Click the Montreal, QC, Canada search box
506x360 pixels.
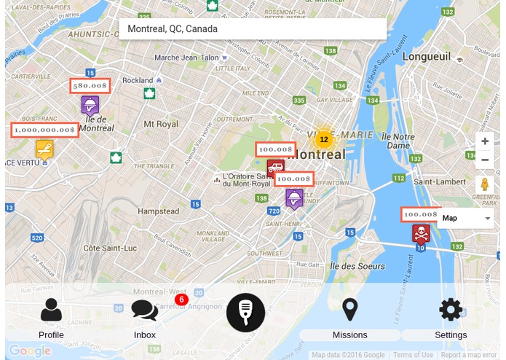point(252,29)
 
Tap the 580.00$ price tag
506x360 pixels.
point(90,85)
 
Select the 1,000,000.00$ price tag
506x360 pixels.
point(45,130)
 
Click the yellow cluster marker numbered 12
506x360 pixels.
point(324,138)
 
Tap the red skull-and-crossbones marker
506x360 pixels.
point(420,234)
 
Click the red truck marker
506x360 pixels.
point(276,168)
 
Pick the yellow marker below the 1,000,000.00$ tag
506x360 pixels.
point(44,149)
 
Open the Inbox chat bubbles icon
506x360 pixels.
point(144,310)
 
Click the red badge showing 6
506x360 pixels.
point(181,300)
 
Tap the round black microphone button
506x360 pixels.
point(245,312)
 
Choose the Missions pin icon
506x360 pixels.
point(350,310)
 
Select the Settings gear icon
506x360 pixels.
point(451,310)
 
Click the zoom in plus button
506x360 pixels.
point(485,141)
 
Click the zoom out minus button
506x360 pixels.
point(485,160)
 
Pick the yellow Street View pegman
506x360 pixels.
point(485,185)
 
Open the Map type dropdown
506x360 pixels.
point(467,218)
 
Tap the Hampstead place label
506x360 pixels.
point(158,211)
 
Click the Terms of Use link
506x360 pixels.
point(413,355)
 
